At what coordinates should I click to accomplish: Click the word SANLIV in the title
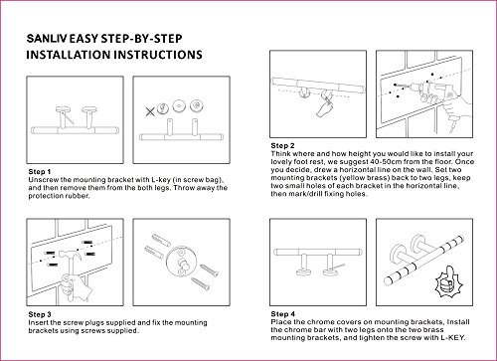click(47, 39)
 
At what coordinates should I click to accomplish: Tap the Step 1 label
click(40, 172)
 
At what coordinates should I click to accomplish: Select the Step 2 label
click(282, 145)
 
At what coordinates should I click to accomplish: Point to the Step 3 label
click(40, 314)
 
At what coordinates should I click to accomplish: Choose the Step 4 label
click(282, 313)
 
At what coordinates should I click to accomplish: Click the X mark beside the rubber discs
click(150, 111)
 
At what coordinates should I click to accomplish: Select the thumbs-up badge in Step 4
click(448, 280)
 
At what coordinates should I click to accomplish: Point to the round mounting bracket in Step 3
click(182, 262)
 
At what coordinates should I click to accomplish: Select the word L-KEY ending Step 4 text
click(452, 338)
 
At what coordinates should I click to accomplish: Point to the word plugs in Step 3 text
click(93, 322)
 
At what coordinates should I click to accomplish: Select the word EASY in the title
click(83, 39)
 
